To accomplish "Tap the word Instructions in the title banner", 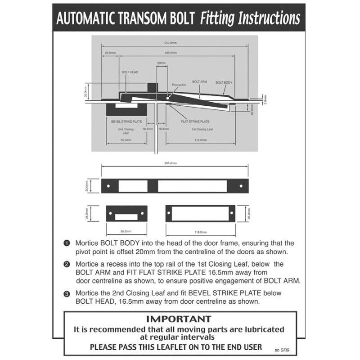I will (265, 18).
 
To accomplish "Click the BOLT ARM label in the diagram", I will (199, 81).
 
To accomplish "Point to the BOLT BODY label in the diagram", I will (224, 82).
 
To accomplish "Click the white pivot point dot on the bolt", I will (167, 96).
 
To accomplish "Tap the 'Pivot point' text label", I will (179, 85).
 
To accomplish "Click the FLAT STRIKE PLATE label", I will (195, 121).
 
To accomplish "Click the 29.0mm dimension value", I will (109, 53).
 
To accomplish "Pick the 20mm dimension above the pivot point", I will (161, 63).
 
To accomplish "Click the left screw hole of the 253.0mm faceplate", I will (108, 186).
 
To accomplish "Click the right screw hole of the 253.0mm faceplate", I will (240, 186).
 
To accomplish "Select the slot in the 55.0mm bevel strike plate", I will (126, 216).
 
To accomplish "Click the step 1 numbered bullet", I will (67, 243).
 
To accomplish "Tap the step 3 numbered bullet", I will (67, 293).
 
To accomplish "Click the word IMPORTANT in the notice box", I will (179, 319).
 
